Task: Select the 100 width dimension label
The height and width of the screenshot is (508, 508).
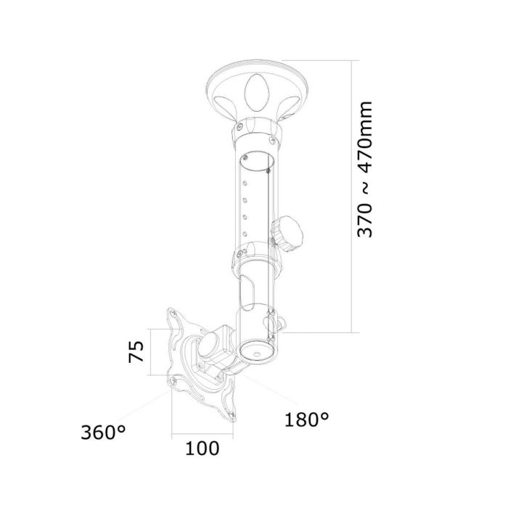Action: pyautogui.click(x=202, y=448)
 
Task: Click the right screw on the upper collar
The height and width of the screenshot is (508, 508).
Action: pyautogui.click(x=274, y=136)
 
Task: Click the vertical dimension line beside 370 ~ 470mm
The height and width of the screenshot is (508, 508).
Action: pyautogui.click(x=353, y=196)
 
